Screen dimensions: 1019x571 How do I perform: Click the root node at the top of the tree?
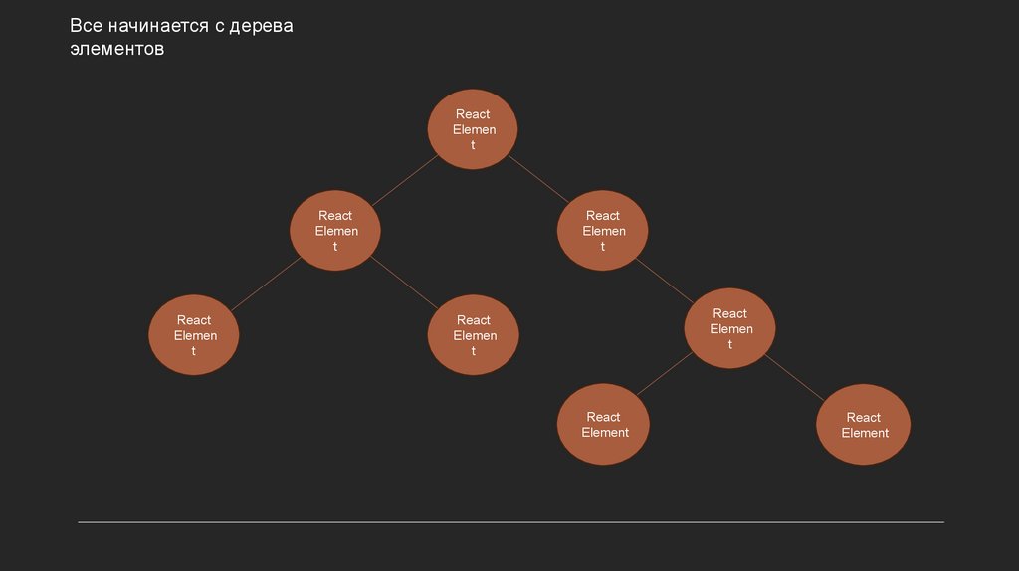pos(473,129)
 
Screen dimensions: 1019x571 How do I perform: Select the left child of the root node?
pos(335,231)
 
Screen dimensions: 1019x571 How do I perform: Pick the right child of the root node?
pos(602,231)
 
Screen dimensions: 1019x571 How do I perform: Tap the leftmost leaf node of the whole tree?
pos(194,335)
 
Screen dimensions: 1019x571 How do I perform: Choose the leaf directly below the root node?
pos(473,335)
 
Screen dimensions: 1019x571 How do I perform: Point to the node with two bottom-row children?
pos(730,328)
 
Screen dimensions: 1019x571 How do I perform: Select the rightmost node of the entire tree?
pos(864,425)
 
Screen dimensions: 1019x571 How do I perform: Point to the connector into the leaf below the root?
pos(403,282)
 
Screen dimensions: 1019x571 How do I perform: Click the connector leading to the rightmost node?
pos(798,377)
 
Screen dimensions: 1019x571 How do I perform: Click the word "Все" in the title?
pos(86,27)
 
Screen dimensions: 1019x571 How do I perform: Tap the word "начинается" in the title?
pos(158,27)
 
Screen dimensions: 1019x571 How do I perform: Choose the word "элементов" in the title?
pos(115,49)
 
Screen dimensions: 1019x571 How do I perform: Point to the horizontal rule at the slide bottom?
pos(510,521)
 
